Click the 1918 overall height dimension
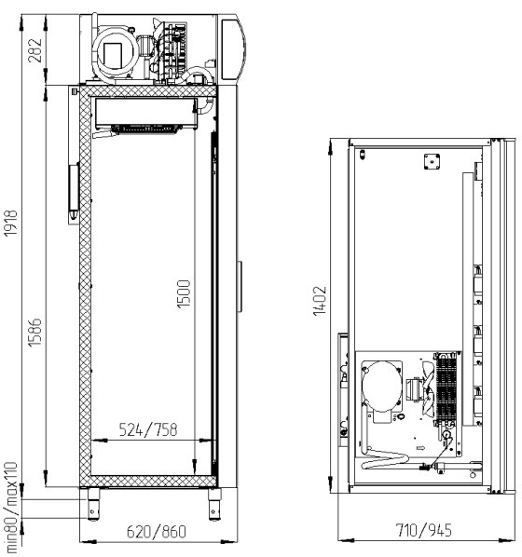[10, 223]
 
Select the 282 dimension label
[34, 50]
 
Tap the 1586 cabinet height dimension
[34, 333]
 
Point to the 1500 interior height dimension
[184, 294]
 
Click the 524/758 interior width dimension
[148, 429]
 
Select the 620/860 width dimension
[157, 532]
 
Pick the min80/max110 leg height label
[10, 508]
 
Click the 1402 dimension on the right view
[320, 301]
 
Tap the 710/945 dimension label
[424, 530]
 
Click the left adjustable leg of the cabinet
[93, 505]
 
